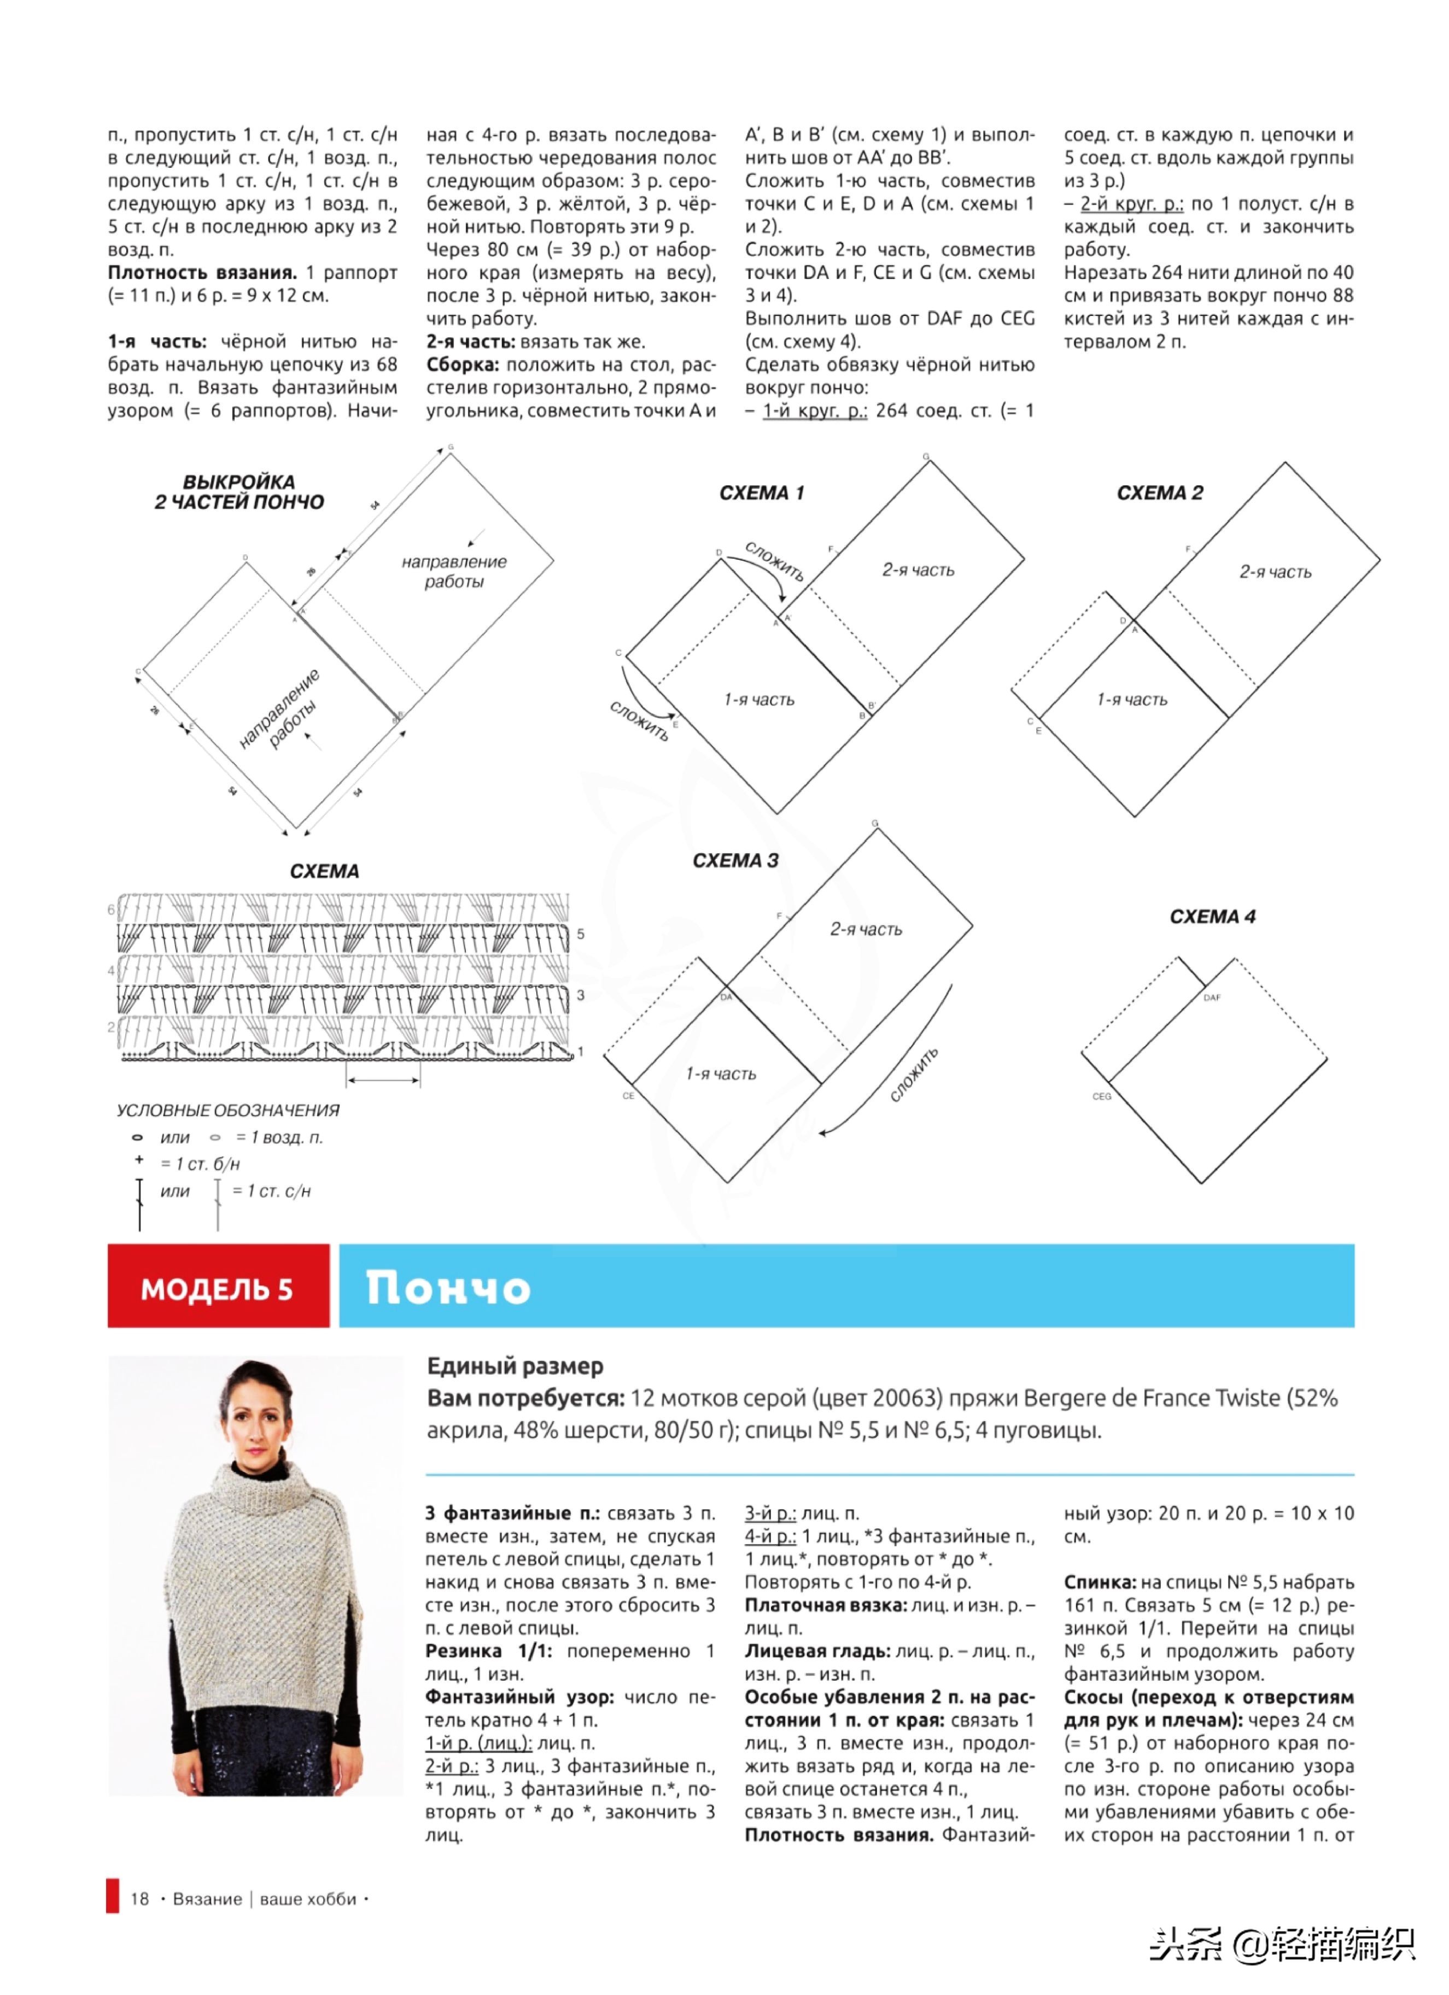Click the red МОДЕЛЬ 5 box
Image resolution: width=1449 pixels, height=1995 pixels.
(217, 1289)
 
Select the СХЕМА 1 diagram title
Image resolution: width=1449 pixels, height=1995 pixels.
(761, 494)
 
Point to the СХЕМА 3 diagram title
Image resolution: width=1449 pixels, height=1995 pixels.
(735, 861)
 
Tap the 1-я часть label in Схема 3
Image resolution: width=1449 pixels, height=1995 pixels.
(721, 1074)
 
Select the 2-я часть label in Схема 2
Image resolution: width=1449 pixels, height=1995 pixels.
(1275, 573)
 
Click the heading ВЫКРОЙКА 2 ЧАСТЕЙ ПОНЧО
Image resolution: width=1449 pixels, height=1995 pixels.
(239, 492)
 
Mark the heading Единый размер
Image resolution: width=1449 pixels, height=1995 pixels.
(515, 1366)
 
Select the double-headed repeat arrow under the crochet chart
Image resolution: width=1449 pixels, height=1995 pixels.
(384, 1080)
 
